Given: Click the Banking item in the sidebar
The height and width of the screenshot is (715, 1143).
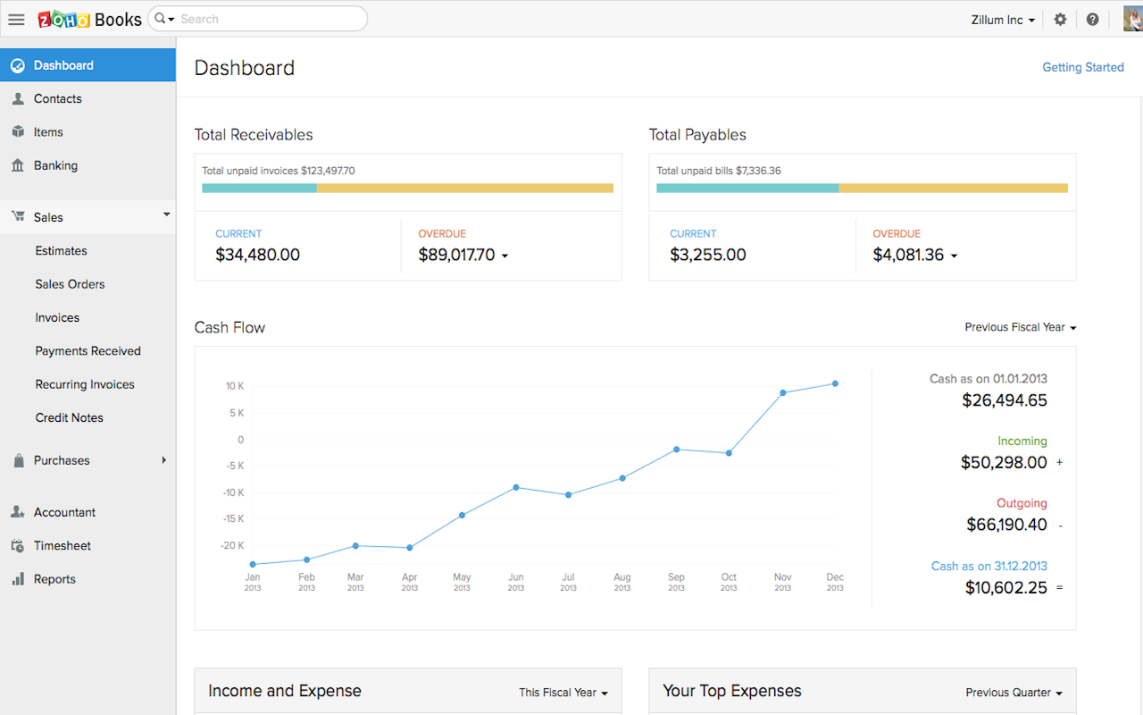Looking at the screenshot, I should (55, 165).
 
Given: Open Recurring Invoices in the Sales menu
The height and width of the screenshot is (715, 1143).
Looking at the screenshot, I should (85, 384).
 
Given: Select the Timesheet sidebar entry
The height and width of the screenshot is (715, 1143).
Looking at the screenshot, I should (62, 545).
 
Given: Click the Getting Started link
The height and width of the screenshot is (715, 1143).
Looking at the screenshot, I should (1082, 67).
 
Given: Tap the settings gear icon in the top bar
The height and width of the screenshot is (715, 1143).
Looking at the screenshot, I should (1060, 19).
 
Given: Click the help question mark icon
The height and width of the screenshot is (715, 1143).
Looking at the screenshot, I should (1092, 19).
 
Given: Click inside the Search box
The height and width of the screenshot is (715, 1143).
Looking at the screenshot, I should (268, 19).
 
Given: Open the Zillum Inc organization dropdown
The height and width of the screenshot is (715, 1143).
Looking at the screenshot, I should (1003, 20).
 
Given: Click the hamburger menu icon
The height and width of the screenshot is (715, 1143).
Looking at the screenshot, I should (16, 19).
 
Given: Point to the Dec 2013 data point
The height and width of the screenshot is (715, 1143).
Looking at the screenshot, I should (835, 383).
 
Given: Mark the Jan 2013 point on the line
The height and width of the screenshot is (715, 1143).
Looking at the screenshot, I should (253, 564).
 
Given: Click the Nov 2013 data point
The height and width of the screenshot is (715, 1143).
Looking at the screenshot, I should (782, 392).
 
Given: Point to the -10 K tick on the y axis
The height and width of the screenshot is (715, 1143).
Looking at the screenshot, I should (233, 492).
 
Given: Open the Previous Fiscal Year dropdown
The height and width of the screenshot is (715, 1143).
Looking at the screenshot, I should (1020, 327).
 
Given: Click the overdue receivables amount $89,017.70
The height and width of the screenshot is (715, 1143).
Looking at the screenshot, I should (456, 255).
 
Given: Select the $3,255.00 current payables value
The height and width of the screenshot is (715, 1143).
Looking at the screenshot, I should (707, 255).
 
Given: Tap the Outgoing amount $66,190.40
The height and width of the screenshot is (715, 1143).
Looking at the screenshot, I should (1006, 525).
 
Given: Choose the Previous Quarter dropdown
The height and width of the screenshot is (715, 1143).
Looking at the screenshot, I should (1014, 693).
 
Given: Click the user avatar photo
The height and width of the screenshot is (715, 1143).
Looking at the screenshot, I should (1132, 19).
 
